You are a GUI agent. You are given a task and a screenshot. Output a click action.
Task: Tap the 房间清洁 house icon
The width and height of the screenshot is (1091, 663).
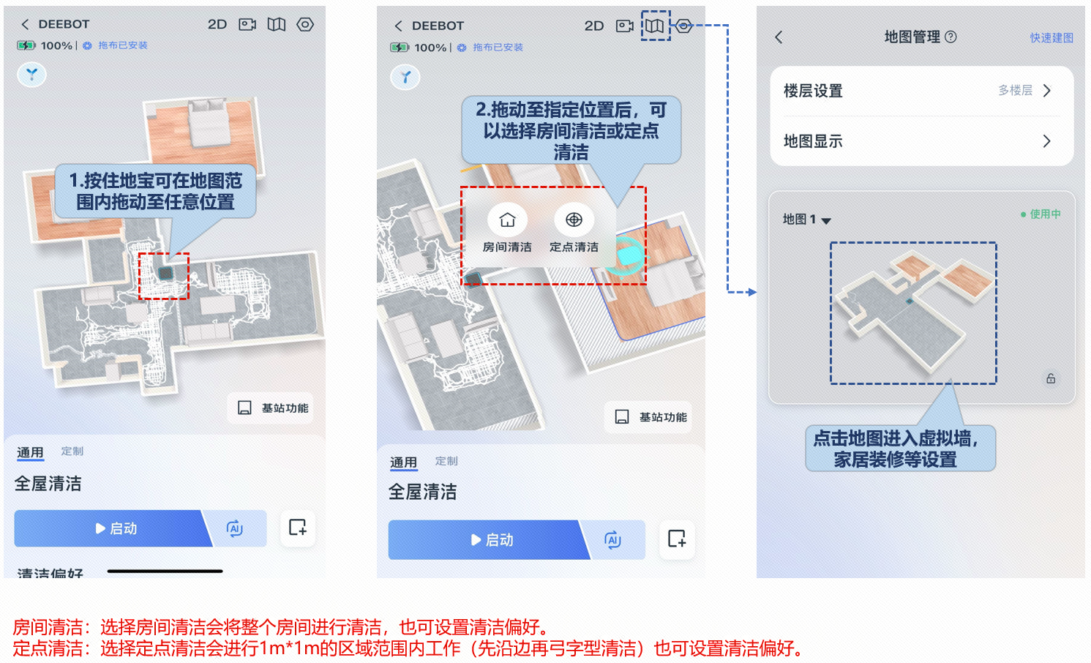(x=507, y=220)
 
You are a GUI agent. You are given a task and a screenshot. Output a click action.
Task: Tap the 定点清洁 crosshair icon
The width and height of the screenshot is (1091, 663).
(x=574, y=220)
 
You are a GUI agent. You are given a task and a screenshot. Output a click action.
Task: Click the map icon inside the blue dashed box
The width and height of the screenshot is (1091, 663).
(x=655, y=26)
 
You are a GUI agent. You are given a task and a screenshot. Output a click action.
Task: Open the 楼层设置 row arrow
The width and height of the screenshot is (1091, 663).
(x=1047, y=91)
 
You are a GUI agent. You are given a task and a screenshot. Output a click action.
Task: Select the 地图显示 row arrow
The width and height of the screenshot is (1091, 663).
(x=1047, y=141)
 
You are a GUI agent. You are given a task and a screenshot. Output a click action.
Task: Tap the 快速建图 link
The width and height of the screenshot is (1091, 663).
(x=1051, y=37)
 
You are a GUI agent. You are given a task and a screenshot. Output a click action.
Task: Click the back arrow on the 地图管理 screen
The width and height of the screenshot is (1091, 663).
(x=779, y=37)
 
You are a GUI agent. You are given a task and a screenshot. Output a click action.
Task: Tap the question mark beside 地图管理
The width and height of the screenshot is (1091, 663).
(x=951, y=37)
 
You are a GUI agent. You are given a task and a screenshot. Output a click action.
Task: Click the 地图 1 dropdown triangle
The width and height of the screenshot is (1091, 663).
(x=826, y=221)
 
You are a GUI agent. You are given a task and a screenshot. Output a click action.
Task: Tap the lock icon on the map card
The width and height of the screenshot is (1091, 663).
(x=1051, y=378)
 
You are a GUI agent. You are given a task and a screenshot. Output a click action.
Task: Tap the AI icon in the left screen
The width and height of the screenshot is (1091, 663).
(x=235, y=528)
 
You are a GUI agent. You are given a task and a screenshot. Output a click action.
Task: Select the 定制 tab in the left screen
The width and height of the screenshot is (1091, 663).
(x=72, y=451)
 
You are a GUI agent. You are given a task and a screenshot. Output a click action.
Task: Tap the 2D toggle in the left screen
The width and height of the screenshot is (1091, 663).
(x=217, y=24)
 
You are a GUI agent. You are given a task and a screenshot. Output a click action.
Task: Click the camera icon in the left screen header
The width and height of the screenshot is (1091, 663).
(x=247, y=24)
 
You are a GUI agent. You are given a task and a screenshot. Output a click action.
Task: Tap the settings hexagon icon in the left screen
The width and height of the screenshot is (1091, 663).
(x=305, y=24)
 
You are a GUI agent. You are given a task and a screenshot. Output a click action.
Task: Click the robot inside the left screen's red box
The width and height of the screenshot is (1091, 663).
(x=165, y=273)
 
